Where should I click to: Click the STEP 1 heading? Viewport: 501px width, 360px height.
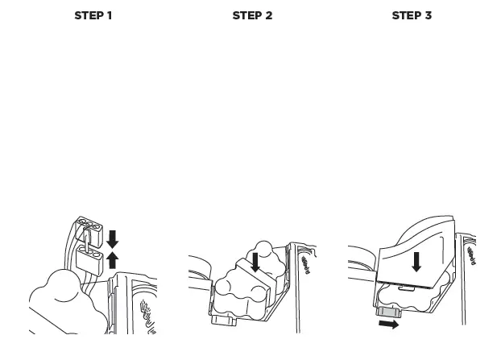pos(93,16)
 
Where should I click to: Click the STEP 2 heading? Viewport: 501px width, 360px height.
pos(252,16)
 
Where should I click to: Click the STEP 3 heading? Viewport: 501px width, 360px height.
pos(411,16)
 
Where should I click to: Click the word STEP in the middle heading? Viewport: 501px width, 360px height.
pos(246,16)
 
